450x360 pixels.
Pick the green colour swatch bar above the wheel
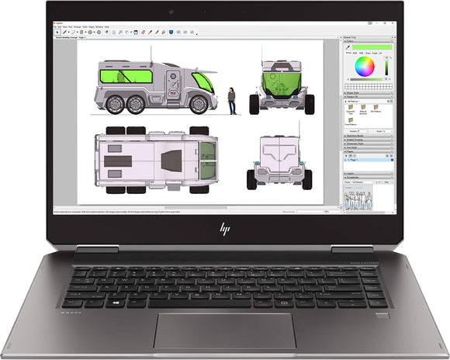pyautogui.click(x=366, y=47)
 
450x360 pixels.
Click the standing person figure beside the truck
pyautogui.click(x=231, y=99)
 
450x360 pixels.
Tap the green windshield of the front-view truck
pyautogui.click(x=277, y=80)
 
